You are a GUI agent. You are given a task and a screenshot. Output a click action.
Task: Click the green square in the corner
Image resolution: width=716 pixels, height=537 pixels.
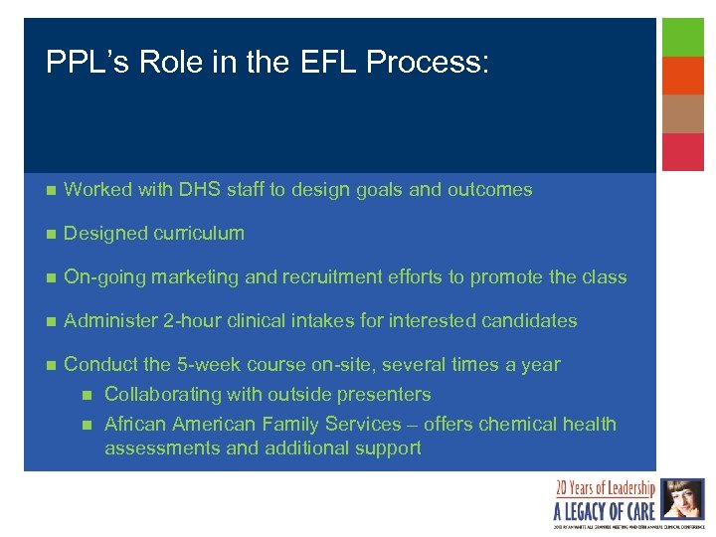(x=683, y=37)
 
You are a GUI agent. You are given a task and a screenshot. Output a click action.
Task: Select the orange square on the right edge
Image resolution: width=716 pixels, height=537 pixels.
(x=683, y=76)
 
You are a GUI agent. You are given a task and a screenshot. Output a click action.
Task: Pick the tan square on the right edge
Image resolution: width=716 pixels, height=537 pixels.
(x=683, y=113)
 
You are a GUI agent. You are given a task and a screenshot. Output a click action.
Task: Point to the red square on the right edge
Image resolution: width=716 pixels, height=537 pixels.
(x=683, y=152)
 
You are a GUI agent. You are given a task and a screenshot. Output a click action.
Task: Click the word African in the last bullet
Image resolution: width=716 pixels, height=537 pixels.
(x=136, y=425)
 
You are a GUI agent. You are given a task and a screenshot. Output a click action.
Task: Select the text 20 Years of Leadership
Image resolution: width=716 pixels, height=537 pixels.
(x=606, y=488)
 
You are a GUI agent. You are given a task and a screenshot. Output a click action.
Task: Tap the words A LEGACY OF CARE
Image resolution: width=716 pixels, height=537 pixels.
(x=604, y=511)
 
